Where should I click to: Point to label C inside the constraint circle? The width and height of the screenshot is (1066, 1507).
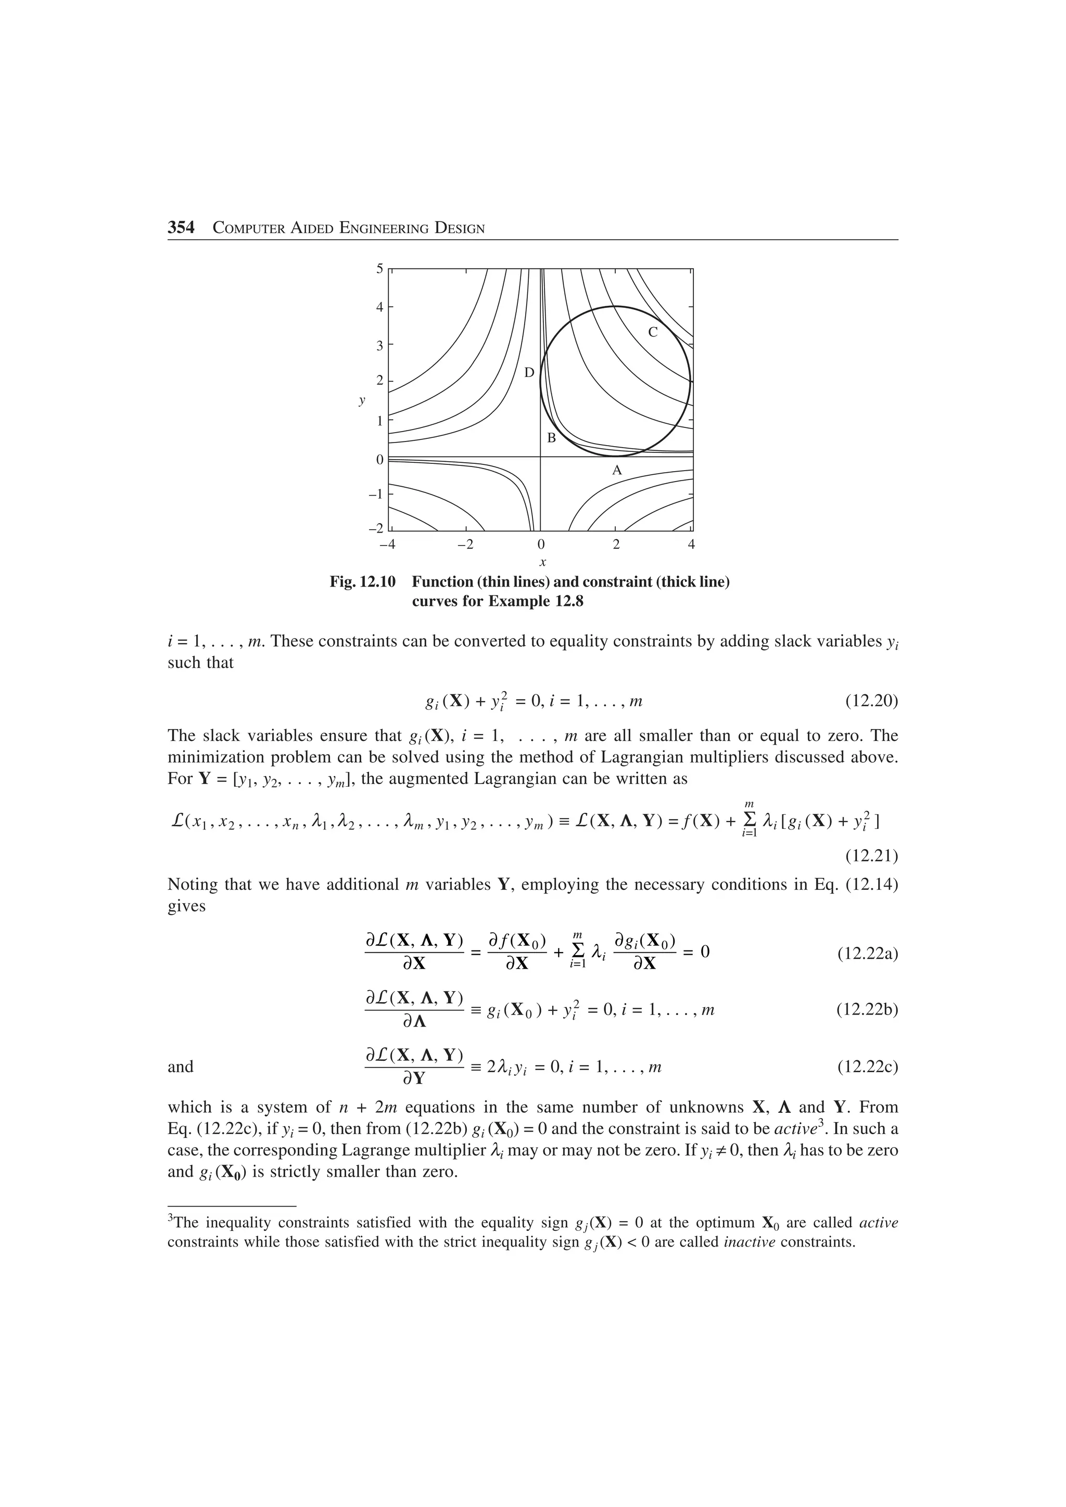click(x=652, y=332)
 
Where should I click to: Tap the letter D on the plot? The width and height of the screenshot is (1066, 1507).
click(x=529, y=373)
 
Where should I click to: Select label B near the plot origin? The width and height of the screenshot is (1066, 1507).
click(x=551, y=438)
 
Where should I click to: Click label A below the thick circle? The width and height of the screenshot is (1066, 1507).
click(x=616, y=471)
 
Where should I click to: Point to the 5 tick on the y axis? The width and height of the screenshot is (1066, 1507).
click(x=379, y=268)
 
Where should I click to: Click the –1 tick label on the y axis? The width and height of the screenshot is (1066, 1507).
click(x=375, y=494)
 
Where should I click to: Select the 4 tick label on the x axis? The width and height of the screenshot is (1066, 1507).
click(x=691, y=544)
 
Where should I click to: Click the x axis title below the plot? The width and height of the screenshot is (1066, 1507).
click(x=542, y=563)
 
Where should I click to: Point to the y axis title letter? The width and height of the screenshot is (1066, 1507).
click(x=361, y=400)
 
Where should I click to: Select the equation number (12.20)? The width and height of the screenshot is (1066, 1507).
click(x=871, y=701)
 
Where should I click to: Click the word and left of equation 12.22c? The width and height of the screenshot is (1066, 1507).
click(x=181, y=1067)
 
